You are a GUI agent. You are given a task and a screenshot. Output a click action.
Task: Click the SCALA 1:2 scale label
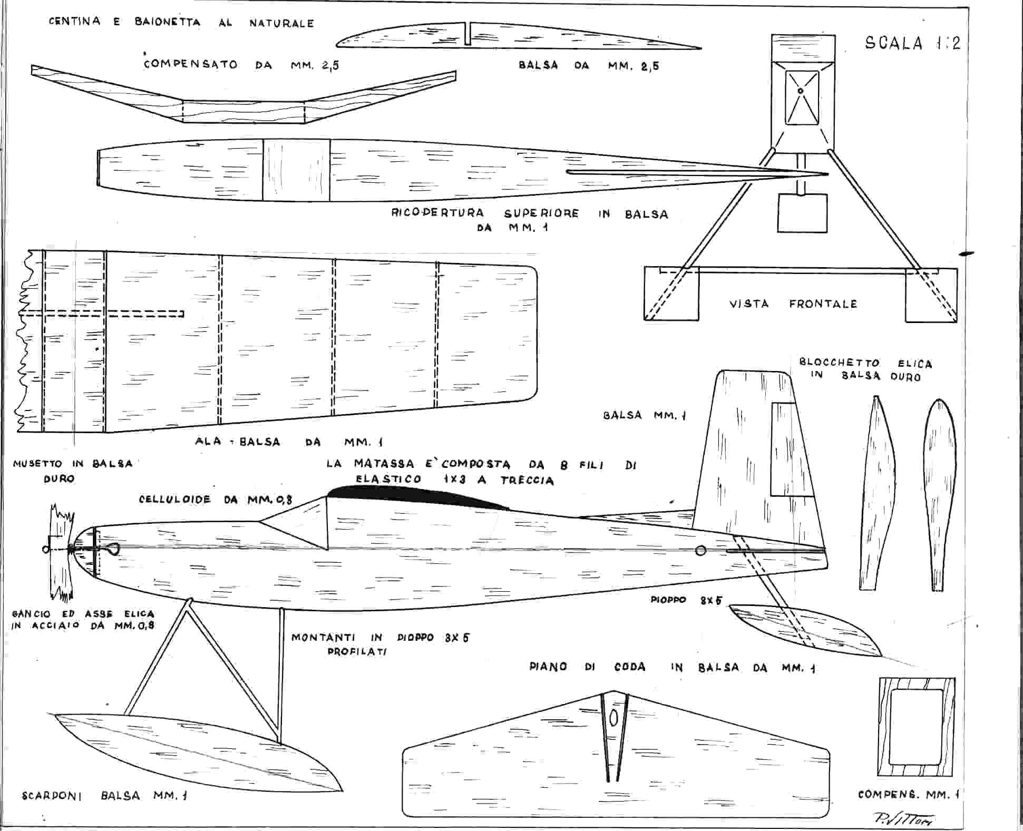click(x=913, y=43)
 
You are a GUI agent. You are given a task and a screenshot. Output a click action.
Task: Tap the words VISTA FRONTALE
click(x=793, y=304)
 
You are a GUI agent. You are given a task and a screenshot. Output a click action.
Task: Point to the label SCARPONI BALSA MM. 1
click(x=104, y=796)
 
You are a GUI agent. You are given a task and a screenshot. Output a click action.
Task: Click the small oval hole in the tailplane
click(x=613, y=718)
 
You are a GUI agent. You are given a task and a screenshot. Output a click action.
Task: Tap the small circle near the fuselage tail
click(x=700, y=551)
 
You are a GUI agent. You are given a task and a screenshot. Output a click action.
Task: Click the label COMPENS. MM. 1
click(x=908, y=794)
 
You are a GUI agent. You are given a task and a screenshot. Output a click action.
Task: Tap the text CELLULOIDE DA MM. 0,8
click(x=216, y=499)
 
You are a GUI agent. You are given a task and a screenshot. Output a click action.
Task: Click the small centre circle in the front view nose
click(x=801, y=91)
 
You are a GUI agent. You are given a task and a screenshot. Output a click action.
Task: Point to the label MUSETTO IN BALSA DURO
click(x=73, y=471)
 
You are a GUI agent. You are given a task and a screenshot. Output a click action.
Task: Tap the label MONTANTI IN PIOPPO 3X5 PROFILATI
click(x=380, y=644)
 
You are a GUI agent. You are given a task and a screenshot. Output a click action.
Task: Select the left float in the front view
click(x=671, y=294)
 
